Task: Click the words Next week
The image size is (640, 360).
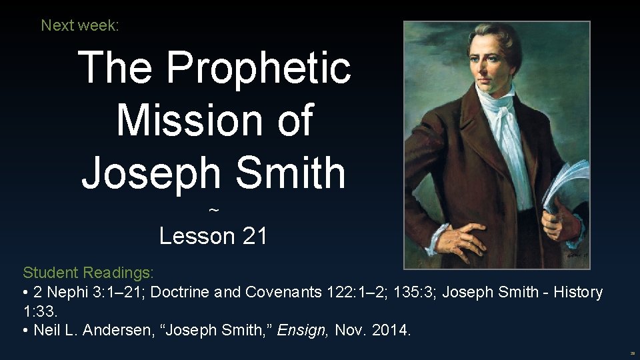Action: point(80,25)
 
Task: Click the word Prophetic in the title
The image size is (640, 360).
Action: point(258,68)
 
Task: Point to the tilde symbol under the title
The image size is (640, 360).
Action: point(213,211)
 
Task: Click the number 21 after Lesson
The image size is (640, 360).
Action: point(254,236)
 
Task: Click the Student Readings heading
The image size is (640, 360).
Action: point(88,273)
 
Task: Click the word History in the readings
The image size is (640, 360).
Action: point(572,292)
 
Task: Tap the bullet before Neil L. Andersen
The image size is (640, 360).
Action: point(26,330)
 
